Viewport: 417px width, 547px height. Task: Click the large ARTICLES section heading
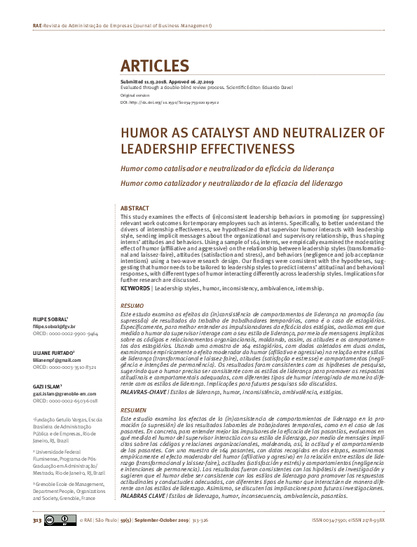(x=155, y=67)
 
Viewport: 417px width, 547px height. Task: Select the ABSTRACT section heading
(x=135, y=209)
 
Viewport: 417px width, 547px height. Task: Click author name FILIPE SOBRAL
(x=48, y=319)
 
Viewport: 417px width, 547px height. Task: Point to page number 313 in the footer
(x=36, y=539)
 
